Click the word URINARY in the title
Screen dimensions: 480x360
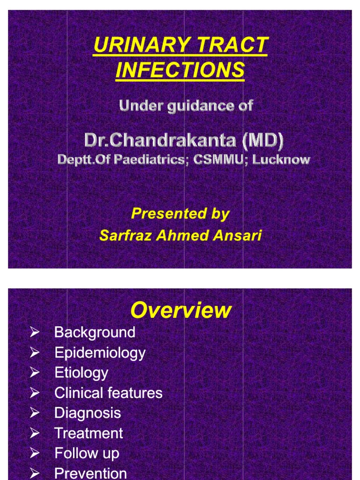coord(135,46)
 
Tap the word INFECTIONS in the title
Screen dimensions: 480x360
coord(180,70)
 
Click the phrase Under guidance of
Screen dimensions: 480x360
coord(186,105)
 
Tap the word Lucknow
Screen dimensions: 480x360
coord(281,159)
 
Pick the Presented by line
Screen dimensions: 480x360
coord(180,214)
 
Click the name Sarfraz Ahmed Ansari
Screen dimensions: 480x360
coord(180,235)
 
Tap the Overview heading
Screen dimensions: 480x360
coord(180,310)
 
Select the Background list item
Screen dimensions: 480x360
coord(95,332)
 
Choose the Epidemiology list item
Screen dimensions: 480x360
coord(100,352)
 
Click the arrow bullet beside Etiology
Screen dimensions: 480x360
coord(35,373)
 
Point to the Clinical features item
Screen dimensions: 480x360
coord(108,393)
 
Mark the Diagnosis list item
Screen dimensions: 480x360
coord(88,413)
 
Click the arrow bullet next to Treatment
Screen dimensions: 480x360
coord(35,433)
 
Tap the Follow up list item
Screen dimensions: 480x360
coord(87,453)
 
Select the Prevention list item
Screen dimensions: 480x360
coord(90,473)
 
